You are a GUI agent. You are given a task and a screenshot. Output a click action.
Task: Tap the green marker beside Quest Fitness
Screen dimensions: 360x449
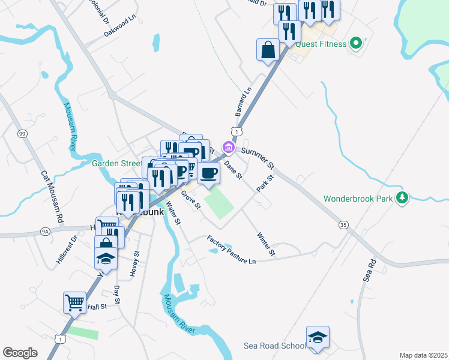pyautogui.click(x=356, y=43)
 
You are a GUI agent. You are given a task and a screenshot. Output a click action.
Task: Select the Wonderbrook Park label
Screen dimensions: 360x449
pyautogui.click(x=360, y=198)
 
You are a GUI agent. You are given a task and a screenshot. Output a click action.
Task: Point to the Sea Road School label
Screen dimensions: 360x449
pyautogui.click(x=274, y=346)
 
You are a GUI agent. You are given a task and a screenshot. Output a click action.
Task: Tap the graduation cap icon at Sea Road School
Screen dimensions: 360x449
pyautogui.click(x=318, y=337)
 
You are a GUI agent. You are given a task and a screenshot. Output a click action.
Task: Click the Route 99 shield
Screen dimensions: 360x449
pyautogui.click(x=22, y=133)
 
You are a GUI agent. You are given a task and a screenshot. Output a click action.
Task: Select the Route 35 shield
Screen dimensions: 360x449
pyautogui.click(x=343, y=224)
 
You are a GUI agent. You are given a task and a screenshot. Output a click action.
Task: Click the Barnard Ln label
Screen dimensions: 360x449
pyautogui.click(x=243, y=101)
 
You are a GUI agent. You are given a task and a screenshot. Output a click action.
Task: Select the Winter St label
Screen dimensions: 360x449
pyautogui.click(x=265, y=244)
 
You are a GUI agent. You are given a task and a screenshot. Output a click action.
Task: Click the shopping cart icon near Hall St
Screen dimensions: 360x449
pyautogui.click(x=74, y=302)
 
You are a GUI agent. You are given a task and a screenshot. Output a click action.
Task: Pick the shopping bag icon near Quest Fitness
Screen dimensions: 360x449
pyautogui.click(x=268, y=50)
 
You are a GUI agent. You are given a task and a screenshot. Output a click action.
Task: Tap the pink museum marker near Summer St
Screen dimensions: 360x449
pyautogui.click(x=228, y=146)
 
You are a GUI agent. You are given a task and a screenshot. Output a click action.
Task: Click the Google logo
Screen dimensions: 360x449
pyautogui.click(x=20, y=352)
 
